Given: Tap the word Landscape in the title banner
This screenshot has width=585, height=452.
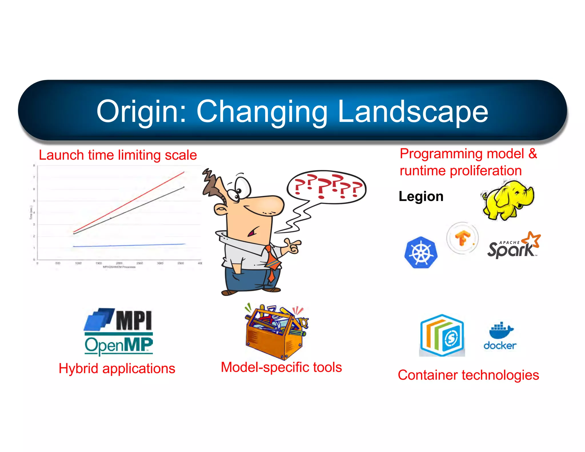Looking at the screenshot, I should point(412,111).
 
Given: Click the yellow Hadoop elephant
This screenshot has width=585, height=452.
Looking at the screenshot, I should point(507,200).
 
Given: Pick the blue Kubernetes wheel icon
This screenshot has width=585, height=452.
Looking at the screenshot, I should point(421,252).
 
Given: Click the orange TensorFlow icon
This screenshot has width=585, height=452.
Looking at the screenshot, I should point(462,238).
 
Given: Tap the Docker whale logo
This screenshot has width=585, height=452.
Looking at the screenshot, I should point(500,336).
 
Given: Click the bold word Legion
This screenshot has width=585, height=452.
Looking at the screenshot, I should point(421,197).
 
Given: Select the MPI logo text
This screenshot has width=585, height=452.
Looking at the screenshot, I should point(134,320).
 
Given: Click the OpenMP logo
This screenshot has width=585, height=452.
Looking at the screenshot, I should point(119,345).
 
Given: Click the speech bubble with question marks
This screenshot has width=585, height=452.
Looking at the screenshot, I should point(326,187).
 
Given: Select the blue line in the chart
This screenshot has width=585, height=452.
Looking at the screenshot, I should point(129,245).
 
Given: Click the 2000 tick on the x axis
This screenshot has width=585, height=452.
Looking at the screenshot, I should point(119,263).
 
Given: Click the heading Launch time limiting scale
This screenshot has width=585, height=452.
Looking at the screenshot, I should point(118,155).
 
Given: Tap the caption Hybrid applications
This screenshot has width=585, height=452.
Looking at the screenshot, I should point(117,368).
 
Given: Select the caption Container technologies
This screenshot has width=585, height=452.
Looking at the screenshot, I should point(468,375).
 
